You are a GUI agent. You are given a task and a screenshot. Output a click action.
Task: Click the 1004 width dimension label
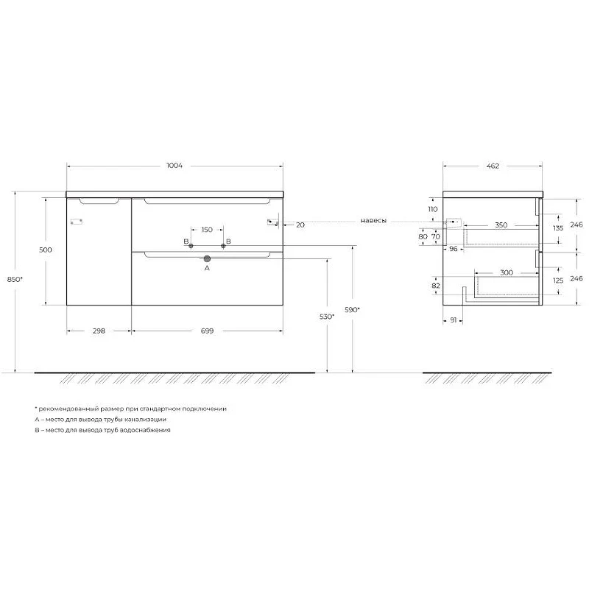coord(174,165)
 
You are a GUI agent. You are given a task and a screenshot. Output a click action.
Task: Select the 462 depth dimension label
coord(493,166)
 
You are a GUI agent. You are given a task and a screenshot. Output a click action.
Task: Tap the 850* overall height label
coord(15,279)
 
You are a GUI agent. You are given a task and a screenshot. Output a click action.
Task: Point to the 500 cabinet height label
coord(46,250)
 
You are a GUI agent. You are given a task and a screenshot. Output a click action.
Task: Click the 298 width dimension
coord(99,331)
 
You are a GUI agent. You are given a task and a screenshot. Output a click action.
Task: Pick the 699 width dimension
coord(207,331)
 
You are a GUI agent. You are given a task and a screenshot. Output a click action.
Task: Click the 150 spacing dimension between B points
coord(207,230)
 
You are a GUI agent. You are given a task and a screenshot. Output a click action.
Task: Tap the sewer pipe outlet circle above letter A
coord(207,258)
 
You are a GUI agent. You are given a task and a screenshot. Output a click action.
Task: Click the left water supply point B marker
coord(191,246)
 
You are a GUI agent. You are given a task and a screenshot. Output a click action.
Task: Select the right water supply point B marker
coord(223,246)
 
